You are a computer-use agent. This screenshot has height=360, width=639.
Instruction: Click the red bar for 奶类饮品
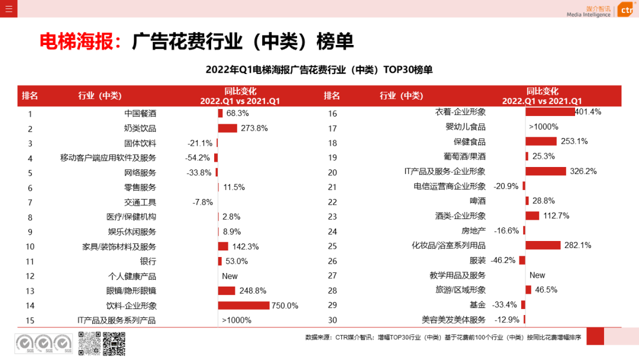[227, 128]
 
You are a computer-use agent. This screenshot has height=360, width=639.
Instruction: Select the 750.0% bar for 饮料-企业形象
[243, 306]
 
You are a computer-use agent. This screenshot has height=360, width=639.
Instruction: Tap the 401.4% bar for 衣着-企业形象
[550, 112]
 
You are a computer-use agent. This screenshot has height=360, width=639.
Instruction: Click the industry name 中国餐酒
[140, 113]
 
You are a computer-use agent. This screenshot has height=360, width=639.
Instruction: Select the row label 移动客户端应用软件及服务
[108, 157]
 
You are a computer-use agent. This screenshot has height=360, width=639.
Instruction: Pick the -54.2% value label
[198, 157]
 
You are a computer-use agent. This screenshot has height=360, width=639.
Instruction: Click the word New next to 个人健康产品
[230, 276]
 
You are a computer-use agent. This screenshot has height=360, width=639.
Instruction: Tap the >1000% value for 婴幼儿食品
[543, 127]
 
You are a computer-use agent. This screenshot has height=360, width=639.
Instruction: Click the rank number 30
[332, 320]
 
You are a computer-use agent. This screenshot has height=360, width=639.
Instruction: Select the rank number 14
[30, 306]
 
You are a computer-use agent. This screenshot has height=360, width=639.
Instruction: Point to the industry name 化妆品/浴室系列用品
[448, 245]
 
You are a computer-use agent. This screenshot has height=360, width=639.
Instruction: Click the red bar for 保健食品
[541, 142]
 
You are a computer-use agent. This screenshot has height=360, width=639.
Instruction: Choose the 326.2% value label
[583, 171]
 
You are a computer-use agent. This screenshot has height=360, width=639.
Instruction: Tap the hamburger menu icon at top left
[8, 8]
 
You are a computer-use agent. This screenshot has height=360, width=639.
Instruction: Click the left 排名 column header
[30, 96]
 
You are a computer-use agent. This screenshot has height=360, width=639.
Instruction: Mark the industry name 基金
[477, 305]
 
